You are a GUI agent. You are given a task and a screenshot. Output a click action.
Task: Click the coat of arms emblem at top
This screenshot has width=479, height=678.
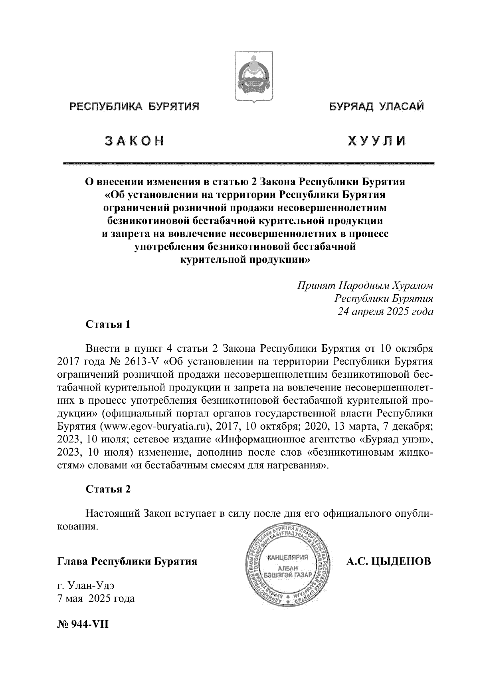coord(253,77)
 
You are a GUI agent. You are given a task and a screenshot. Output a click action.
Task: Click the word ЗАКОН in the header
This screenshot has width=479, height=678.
coord(134,141)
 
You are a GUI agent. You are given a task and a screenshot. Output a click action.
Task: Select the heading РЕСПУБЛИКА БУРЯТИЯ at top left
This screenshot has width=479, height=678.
coord(135,107)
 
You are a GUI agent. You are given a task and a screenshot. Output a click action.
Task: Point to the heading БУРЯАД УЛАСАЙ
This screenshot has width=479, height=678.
coord(376,107)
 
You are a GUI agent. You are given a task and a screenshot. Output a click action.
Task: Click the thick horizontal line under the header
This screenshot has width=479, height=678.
coord(248,164)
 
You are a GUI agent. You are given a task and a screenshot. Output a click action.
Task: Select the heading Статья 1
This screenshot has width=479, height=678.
coord(108,324)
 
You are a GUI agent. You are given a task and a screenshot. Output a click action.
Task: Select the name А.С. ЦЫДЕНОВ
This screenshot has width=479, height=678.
coord(388,561)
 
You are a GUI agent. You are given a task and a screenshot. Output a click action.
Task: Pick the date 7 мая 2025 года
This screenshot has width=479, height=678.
coord(96,599)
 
